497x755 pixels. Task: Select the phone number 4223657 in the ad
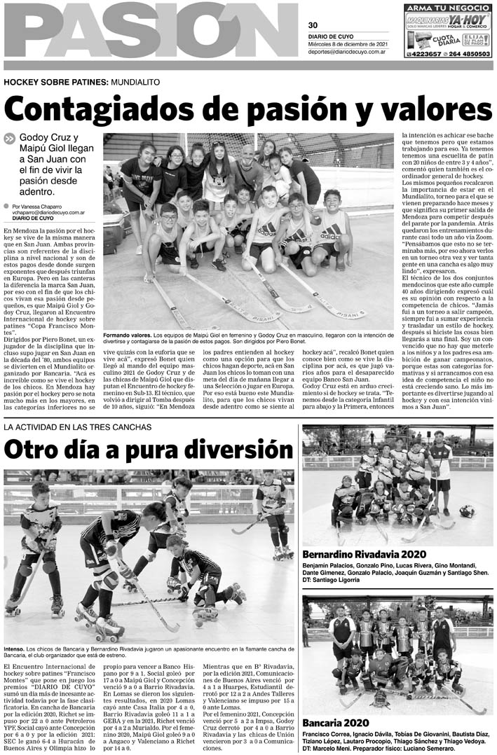tap(427, 53)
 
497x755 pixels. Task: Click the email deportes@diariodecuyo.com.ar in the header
tap(352, 51)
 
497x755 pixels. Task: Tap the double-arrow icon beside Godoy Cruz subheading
tap(9, 139)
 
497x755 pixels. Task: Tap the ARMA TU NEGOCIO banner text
tap(449, 8)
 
